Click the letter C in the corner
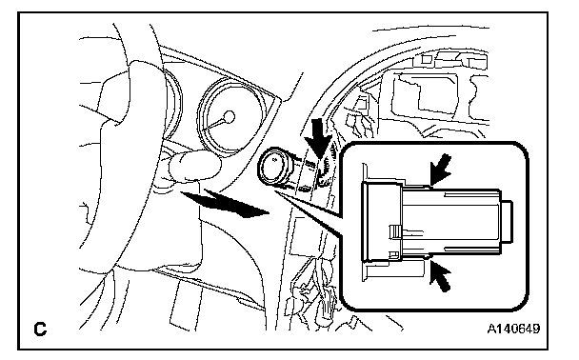(40, 329)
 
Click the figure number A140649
(513, 329)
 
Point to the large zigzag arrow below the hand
(226, 204)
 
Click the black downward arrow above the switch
(318, 138)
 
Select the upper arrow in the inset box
(441, 170)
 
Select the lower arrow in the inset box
(441, 275)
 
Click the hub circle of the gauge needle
(230, 117)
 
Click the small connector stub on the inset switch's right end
(508, 221)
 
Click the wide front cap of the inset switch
(382, 222)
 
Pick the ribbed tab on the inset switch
(395, 231)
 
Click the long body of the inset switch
(451, 222)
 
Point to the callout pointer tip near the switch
(276, 191)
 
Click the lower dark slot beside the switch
(305, 189)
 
